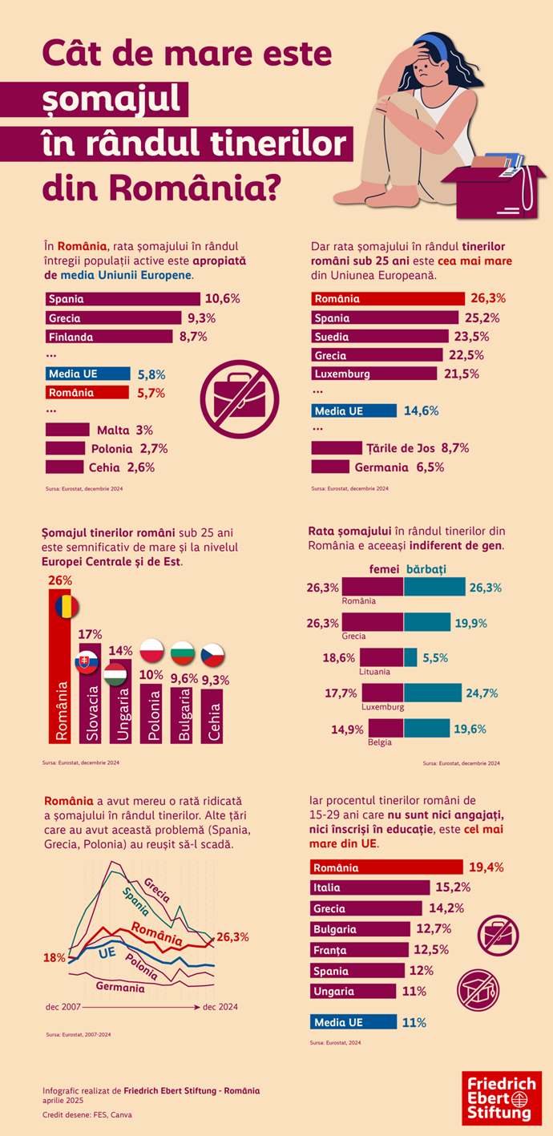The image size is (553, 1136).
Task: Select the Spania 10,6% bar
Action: (x=123, y=299)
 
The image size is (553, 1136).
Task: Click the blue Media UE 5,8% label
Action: (x=87, y=374)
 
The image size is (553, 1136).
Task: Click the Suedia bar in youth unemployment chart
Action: (x=379, y=336)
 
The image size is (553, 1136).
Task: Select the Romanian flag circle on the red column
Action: (x=68, y=607)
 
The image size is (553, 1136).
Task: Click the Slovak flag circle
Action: (x=87, y=662)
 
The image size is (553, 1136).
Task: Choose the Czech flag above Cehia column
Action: (x=212, y=653)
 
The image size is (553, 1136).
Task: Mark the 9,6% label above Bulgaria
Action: (x=184, y=678)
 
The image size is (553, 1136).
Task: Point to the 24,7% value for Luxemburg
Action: (x=483, y=693)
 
